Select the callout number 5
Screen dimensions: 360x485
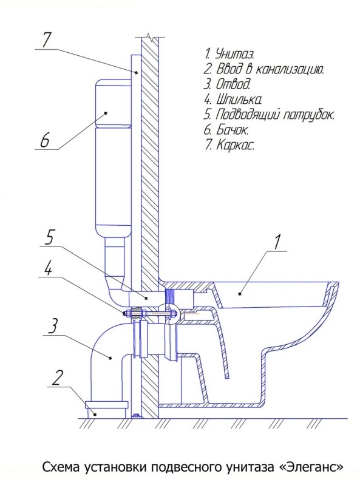pos(49,237)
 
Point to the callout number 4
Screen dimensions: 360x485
pos(47,268)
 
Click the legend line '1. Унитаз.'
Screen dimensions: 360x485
pos(229,54)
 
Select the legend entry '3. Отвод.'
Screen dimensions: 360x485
pos(227,84)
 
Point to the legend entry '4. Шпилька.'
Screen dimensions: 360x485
pos(233,100)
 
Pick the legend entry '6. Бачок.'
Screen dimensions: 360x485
pos(226,130)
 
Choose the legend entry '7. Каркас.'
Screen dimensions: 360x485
pos(229,144)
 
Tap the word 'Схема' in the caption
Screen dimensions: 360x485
pos(61,467)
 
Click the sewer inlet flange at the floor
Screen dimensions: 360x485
pos(106,405)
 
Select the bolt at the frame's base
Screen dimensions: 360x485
pos(135,415)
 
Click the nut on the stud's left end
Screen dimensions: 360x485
pos(126,314)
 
